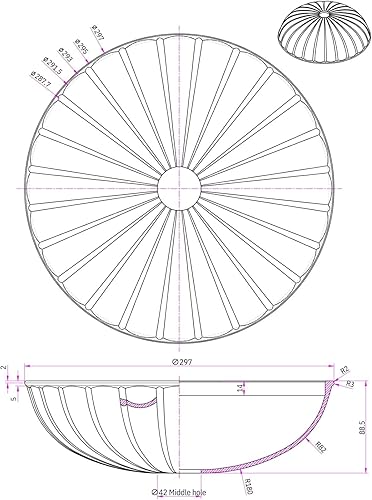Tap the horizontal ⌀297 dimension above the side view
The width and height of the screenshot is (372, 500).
(x=180, y=364)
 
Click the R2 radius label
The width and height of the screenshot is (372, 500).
(x=343, y=370)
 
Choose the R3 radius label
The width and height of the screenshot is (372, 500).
(x=351, y=383)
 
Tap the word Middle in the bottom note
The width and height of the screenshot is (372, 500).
(x=189, y=492)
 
